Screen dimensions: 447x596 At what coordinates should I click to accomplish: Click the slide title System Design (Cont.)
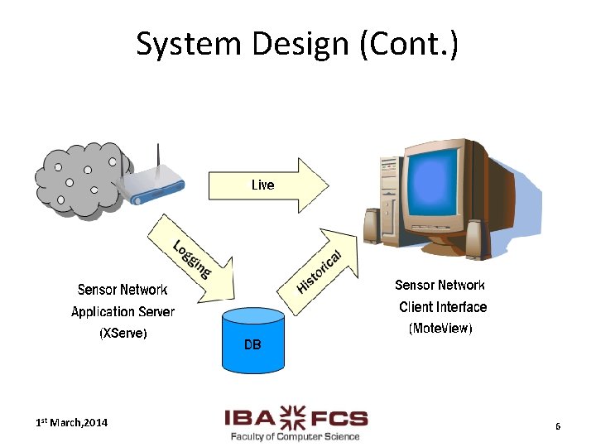point(297,44)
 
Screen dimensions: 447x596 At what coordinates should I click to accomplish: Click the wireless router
point(152,185)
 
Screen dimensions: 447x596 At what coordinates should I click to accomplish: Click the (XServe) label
point(123,334)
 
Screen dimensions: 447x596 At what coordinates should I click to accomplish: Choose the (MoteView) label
point(440,329)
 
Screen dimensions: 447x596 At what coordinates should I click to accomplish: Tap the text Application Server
point(123,312)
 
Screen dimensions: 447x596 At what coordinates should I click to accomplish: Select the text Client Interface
point(443,307)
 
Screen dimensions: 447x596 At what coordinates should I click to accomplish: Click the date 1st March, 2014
point(71,423)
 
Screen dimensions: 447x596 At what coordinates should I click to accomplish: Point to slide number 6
point(558,426)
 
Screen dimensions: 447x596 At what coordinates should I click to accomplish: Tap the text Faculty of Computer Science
point(296,436)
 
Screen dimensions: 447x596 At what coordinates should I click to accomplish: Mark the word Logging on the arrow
point(192,257)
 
